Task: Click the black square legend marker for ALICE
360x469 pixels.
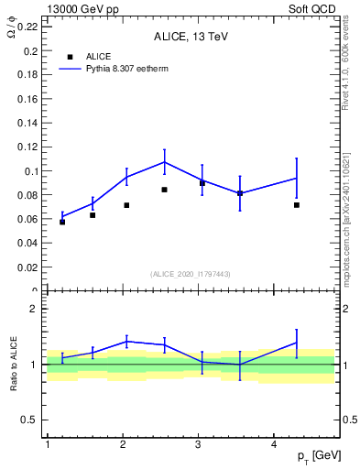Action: (70, 57)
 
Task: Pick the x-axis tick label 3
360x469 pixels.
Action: (199, 443)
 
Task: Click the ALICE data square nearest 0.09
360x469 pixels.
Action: (202, 183)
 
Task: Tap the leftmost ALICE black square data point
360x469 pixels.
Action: (62, 222)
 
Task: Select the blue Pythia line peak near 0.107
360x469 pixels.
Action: (164, 162)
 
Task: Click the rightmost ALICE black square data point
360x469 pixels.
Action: (297, 205)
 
